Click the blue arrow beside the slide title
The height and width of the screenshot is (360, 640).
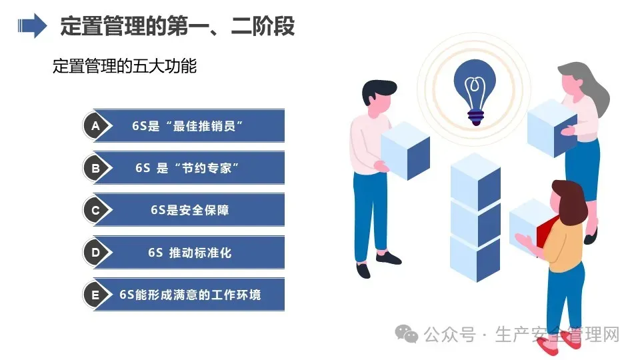(x=32, y=26)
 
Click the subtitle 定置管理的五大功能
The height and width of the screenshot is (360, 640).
(x=125, y=66)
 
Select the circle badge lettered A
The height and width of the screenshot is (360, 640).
(x=95, y=126)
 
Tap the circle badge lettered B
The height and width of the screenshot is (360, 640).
(x=95, y=168)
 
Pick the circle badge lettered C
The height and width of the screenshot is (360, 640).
(x=95, y=210)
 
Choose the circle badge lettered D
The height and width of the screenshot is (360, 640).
(x=95, y=252)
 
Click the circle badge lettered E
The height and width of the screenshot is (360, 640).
(x=95, y=295)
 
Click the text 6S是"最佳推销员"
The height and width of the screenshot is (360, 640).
(x=187, y=126)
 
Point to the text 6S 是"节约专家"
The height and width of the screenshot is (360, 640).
(x=187, y=168)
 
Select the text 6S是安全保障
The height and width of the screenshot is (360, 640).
(x=190, y=210)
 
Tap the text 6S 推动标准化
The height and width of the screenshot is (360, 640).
(x=190, y=253)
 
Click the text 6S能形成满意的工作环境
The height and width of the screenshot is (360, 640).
(x=190, y=295)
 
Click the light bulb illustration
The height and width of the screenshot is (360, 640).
(x=475, y=92)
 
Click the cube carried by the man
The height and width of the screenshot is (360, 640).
(x=405, y=150)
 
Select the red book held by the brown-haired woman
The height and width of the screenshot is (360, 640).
(x=545, y=232)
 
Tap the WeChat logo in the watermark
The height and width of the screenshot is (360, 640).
(x=406, y=334)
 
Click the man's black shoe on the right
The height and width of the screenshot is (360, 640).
(x=389, y=258)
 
